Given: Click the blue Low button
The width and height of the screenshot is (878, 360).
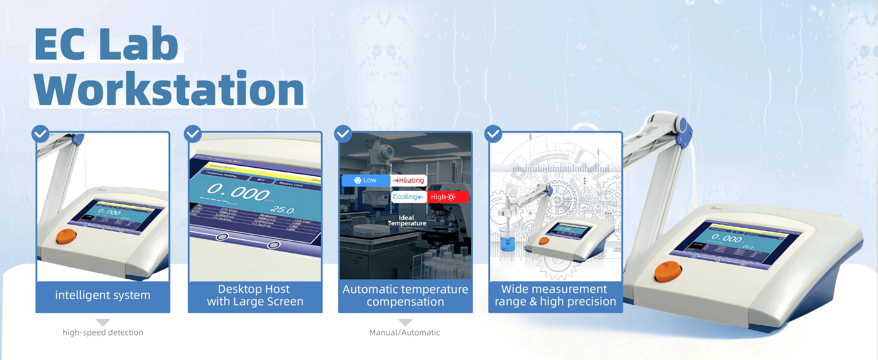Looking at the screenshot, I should [x=366, y=180].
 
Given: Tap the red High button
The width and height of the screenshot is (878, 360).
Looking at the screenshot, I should [x=447, y=197].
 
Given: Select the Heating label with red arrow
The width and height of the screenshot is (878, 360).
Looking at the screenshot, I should [x=409, y=180].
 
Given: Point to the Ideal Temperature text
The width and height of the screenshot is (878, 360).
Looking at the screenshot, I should [x=407, y=220].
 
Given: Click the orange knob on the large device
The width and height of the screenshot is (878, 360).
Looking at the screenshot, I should [x=668, y=271].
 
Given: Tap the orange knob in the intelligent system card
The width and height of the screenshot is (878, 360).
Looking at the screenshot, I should [x=66, y=236].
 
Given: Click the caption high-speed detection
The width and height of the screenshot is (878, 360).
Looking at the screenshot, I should [x=103, y=332].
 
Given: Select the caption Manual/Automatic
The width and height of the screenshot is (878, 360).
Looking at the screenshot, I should [x=405, y=332].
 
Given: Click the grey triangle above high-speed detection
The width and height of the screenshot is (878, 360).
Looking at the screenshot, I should [x=103, y=322].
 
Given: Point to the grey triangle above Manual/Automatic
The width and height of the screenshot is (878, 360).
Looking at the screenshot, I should [x=405, y=322].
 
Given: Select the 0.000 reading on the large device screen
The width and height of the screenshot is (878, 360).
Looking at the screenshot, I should [x=726, y=238].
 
